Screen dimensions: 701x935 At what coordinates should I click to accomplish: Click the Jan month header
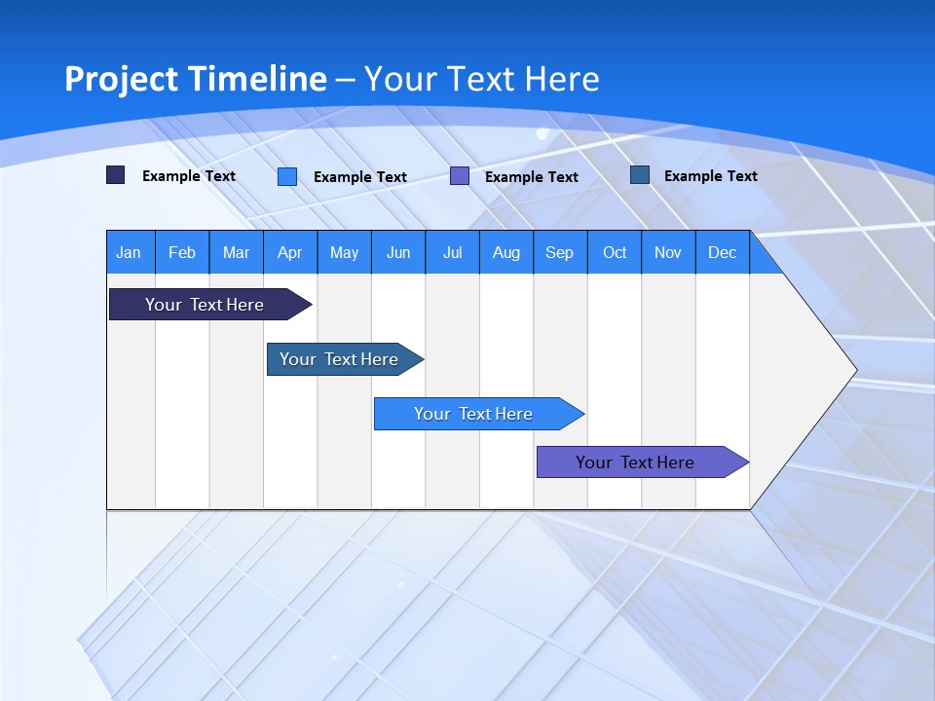click(130, 252)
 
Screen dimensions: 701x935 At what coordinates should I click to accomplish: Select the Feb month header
click(182, 252)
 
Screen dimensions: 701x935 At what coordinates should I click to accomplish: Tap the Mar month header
click(236, 252)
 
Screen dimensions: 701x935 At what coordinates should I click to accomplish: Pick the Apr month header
click(289, 252)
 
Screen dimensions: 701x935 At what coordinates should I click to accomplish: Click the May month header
click(344, 252)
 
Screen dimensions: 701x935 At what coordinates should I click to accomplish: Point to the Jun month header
click(398, 252)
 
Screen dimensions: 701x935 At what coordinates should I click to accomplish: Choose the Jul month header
click(452, 252)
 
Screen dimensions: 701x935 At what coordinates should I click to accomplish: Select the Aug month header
click(506, 252)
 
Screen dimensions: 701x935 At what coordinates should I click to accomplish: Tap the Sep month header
click(560, 252)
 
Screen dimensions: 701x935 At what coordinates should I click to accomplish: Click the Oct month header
click(615, 252)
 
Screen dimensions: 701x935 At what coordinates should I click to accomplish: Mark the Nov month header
click(668, 252)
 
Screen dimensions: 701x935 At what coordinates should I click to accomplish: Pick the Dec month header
click(722, 252)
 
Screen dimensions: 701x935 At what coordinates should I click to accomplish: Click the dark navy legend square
click(116, 175)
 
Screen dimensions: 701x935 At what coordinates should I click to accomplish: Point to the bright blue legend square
click(287, 176)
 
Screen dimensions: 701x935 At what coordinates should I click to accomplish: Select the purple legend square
click(460, 176)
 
